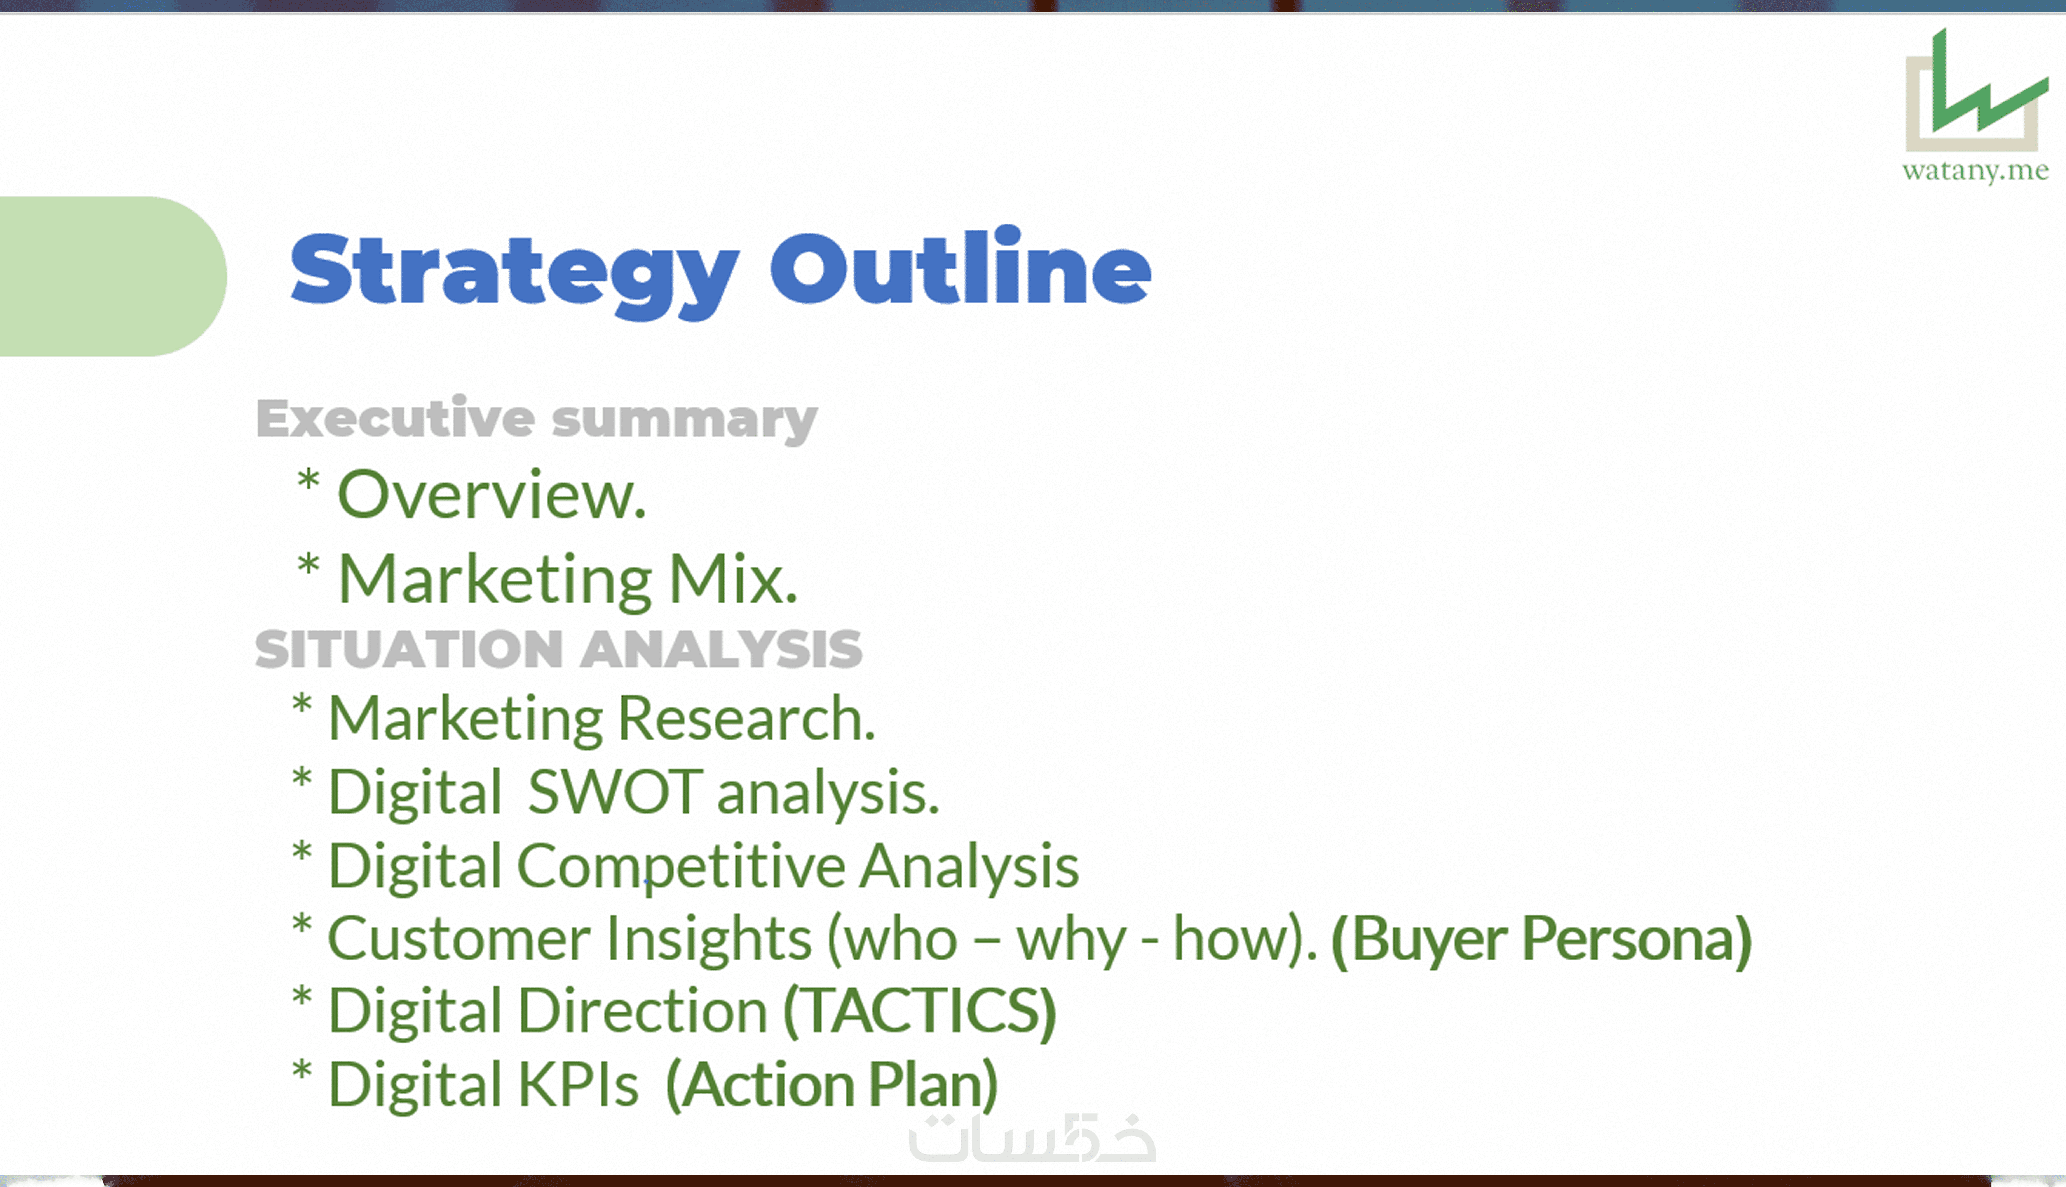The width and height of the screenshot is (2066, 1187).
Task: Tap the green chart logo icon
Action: coord(1976,90)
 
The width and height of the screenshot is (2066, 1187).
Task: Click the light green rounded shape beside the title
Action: coord(113,276)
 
